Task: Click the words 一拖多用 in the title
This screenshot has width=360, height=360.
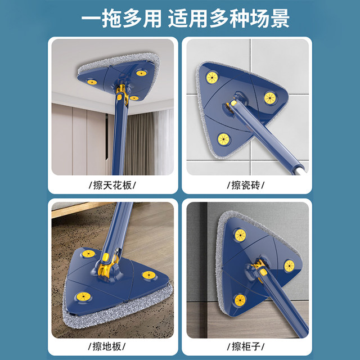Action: pyautogui.click(x=115, y=19)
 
